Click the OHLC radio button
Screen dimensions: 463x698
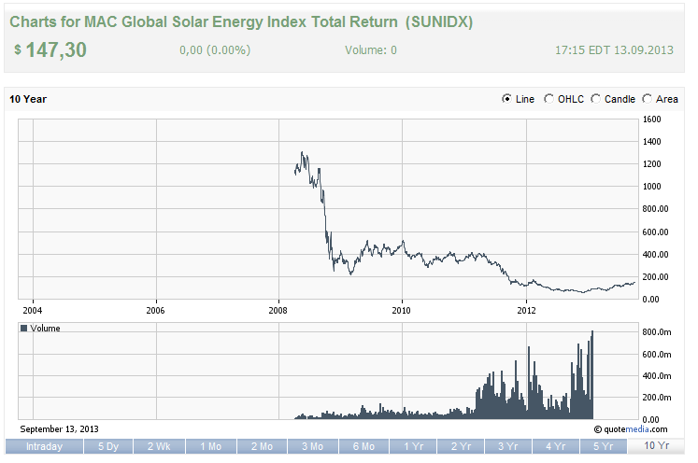pyautogui.click(x=549, y=99)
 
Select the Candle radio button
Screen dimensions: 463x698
pyautogui.click(x=596, y=99)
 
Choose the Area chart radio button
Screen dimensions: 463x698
pyautogui.click(x=648, y=99)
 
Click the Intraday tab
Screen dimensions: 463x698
pyautogui.click(x=44, y=446)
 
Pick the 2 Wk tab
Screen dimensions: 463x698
pyautogui.click(x=159, y=446)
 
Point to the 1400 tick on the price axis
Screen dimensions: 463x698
pyautogui.click(x=651, y=142)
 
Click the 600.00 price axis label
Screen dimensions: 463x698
pyautogui.click(x=656, y=232)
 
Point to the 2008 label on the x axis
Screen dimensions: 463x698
pyautogui.click(x=278, y=309)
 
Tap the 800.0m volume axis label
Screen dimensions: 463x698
pyautogui.click(x=656, y=332)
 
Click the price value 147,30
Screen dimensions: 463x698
pyautogui.click(x=55, y=50)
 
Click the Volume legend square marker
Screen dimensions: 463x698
pyautogui.click(x=25, y=329)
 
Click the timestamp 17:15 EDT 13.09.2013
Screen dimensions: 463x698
pyautogui.click(x=615, y=50)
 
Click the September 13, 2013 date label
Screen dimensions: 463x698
pyautogui.click(x=59, y=428)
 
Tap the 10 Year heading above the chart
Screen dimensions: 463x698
pyautogui.click(x=28, y=99)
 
